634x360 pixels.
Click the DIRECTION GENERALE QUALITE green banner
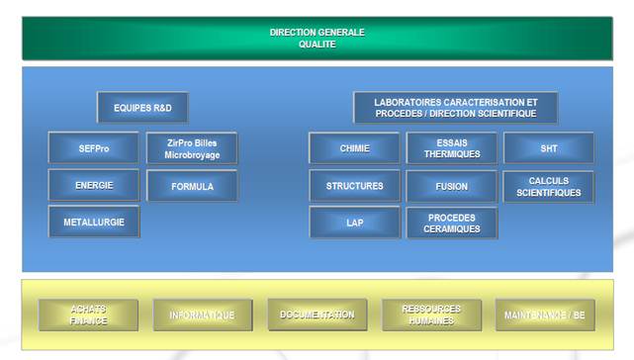317,38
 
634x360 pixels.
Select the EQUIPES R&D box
142,107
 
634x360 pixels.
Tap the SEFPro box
94,148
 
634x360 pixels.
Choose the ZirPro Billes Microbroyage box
192,148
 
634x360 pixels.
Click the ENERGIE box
94,185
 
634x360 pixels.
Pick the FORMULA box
192,186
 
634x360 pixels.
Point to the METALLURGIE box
94,222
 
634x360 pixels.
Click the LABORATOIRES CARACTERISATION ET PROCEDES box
456,107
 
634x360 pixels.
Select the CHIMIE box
354,148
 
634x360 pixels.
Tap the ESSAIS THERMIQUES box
452,148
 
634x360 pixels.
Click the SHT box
549,148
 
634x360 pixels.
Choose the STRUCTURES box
354,185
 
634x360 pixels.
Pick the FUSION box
452,186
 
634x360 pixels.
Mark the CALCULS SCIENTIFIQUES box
549,186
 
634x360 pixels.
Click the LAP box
354,223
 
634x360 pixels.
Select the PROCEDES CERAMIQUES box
452,223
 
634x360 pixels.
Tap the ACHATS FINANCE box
88,315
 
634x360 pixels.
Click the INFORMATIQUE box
202,315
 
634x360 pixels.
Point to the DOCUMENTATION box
317,315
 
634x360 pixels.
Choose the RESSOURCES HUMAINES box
431,315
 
